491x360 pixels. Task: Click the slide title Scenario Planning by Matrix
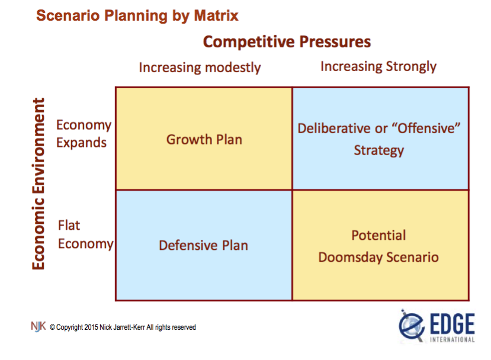(137, 15)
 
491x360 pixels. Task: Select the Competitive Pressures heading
(287, 42)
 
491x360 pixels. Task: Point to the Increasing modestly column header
(200, 67)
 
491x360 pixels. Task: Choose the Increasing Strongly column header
(378, 66)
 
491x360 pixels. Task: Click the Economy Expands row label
(83, 134)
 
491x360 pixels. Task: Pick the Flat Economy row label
(85, 234)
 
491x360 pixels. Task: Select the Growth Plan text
(204, 140)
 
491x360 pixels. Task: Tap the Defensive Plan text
(203, 245)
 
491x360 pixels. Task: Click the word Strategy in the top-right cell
(378, 150)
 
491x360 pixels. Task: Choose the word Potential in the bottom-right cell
(378, 235)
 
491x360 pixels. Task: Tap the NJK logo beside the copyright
(38, 326)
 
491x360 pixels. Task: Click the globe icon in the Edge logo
(411, 326)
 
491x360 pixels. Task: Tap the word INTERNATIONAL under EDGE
(451, 339)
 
